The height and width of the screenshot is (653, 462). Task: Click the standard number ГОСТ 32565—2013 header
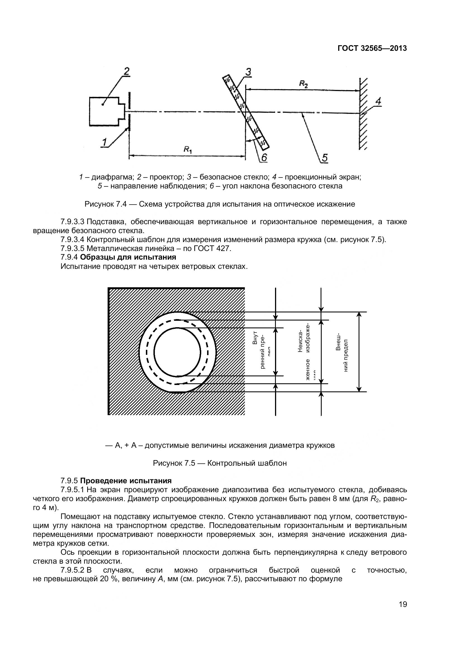coord(372,48)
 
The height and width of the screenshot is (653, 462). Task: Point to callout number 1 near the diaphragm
coord(104,142)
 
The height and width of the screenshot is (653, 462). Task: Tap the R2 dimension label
coord(303,84)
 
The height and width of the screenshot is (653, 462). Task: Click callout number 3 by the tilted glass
coord(248,72)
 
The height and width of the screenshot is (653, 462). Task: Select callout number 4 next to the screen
coord(378,101)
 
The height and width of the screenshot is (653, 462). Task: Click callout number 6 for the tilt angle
coord(264,157)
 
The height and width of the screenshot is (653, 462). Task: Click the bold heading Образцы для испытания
coord(128,257)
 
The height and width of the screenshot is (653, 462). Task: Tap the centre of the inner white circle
coord(177,352)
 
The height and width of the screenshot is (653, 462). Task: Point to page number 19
coord(403,610)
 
